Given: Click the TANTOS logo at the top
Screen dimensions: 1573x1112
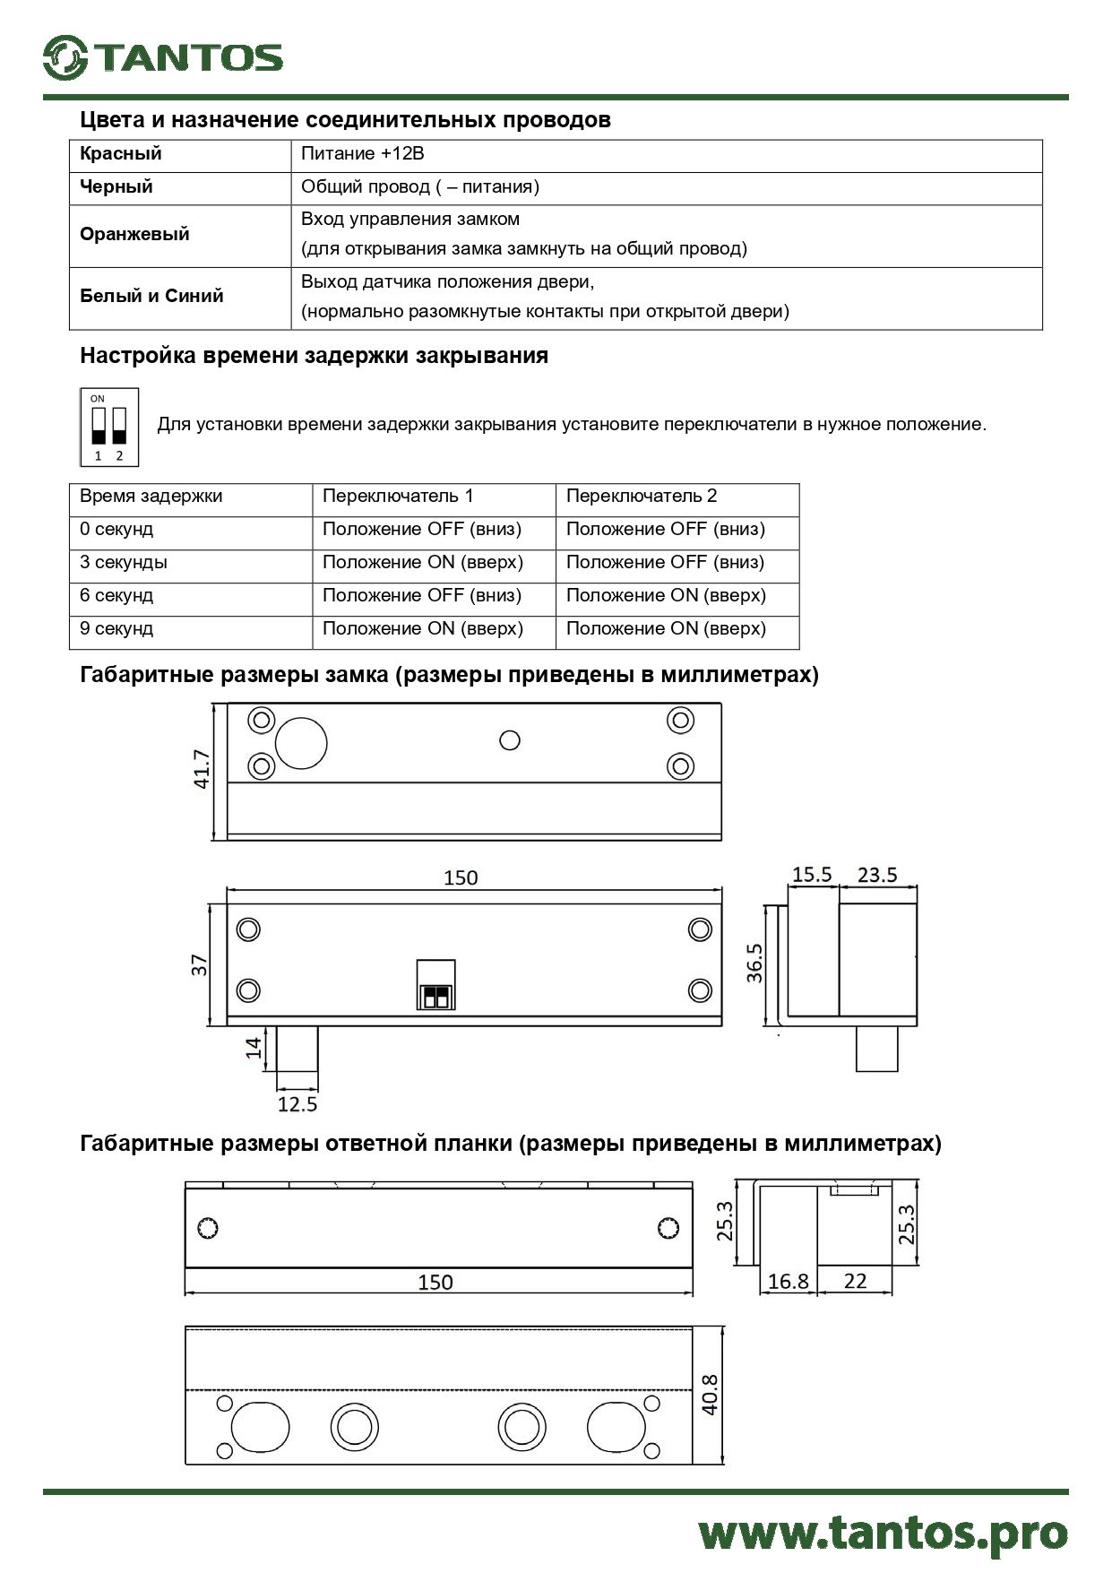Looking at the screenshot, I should pos(163,58).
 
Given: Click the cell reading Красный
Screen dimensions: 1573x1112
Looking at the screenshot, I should pos(121,153).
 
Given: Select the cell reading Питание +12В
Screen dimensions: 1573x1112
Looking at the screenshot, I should pos(363,153).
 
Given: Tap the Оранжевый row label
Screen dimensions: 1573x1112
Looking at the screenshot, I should pos(134,234).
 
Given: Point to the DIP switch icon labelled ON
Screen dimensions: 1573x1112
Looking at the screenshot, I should pos(109,427).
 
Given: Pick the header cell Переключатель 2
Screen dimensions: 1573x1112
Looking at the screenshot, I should pos(642,496).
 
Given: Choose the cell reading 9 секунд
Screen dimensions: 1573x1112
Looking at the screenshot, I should pos(116,628).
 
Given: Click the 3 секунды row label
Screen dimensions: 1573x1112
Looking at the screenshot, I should pos(124,562).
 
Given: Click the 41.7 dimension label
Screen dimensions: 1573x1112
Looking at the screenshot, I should pos(202,769).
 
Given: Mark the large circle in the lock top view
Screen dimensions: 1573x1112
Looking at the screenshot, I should pos(301,743).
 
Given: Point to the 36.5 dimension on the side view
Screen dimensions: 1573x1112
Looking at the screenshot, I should pos(755,963).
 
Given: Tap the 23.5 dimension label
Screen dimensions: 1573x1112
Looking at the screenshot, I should pos(876,875).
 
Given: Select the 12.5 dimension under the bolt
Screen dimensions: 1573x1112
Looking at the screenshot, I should pos(297,1104).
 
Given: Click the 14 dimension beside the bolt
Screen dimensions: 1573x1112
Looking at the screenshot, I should pos(254,1046).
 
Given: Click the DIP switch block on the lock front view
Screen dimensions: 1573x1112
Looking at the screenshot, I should pos(435,985).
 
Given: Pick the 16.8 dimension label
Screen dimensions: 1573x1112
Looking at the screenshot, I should pos(789,1281).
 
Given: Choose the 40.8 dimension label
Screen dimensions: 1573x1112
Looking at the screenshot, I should pos(710,1395).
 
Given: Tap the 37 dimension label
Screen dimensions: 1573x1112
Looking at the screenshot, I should pos(199,964).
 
